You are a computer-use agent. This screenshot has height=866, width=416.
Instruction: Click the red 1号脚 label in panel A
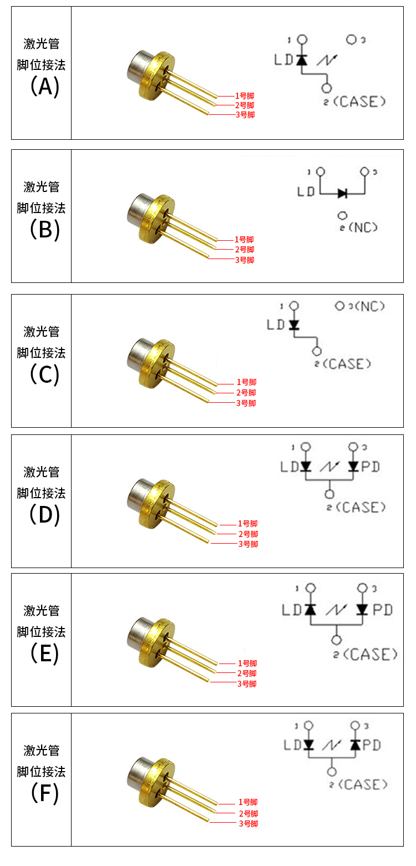[245, 95]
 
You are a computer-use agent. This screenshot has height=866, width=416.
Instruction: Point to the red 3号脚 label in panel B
[245, 260]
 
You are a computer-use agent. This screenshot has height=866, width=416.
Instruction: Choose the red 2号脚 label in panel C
[246, 393]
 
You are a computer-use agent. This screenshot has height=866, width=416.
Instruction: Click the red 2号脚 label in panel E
[247, 673]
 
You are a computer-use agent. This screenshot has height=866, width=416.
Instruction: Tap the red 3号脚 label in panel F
[248, 824]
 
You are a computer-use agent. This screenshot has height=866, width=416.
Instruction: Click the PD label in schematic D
[371, 467]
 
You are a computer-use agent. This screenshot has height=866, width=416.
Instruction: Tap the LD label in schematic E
[291, 610]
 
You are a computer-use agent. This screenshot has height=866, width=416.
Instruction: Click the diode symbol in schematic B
[342, 193]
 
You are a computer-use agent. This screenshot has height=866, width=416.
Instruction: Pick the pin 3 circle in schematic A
[351, 40]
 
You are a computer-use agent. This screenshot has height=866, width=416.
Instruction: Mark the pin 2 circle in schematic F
[332, 771]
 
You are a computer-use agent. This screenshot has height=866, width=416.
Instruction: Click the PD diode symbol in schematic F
[355, 745]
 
